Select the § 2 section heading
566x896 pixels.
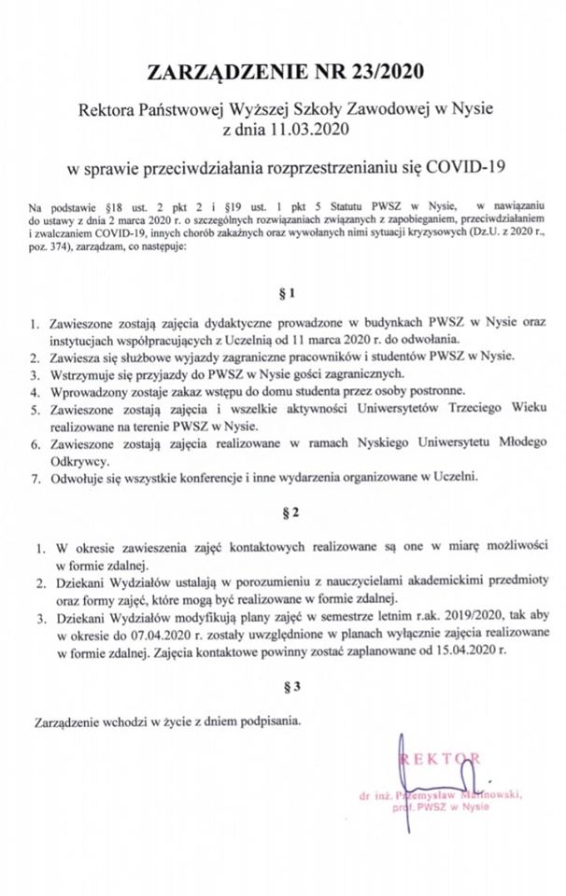tap(284, 515)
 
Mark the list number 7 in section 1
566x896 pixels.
tap(35, 478)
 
